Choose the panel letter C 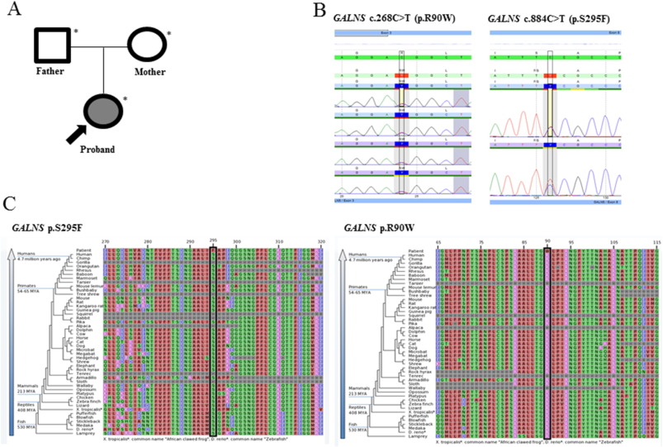(9, 203)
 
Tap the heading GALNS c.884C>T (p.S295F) (551, 18)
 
